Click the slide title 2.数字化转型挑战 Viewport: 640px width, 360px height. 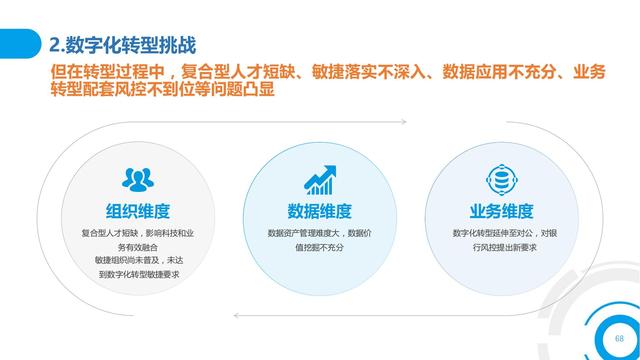[x=123, y=45]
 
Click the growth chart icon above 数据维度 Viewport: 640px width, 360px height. [x=319, y=180]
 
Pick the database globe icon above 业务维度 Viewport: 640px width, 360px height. [x=499, y=180]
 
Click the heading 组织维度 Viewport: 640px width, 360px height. [x=138, y=211]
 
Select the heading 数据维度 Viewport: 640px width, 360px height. [x=319, y=211]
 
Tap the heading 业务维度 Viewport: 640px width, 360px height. [x=500, y=211]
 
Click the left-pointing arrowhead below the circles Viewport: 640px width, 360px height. [x=235, y=315]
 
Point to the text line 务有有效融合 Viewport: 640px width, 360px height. [x=138, y=246]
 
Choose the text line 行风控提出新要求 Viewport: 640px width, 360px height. [x=500, y=246]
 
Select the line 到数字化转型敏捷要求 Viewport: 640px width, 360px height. [x=138, y=273]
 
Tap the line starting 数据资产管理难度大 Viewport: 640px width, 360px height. [x=319, y=233]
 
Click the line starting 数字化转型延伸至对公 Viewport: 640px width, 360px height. [x=500, y=233]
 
